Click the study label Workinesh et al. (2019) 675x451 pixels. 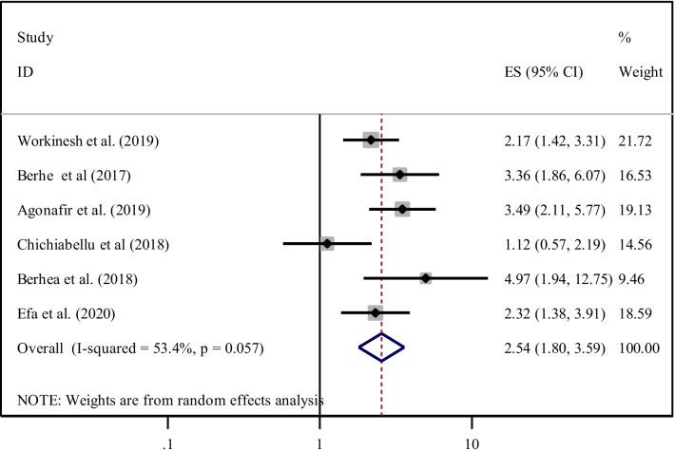88,141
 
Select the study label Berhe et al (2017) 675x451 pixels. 76,176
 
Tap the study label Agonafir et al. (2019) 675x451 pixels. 84,210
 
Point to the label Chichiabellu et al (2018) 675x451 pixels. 93,244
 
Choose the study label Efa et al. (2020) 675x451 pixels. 67,312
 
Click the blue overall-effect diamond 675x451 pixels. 381,348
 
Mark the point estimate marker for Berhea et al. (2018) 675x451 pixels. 425,278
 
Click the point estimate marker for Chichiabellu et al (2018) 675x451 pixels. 327,244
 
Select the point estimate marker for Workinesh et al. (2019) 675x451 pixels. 371,141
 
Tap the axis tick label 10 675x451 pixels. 472,419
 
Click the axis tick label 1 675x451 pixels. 319,419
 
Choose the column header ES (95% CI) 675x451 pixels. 544,72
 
